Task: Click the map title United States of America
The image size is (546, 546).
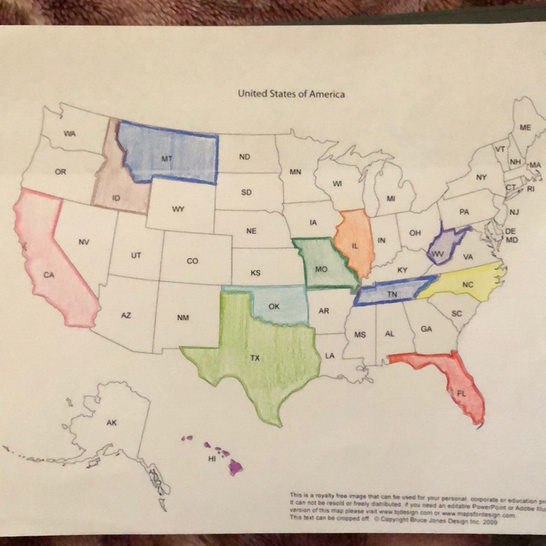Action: coord(291,94)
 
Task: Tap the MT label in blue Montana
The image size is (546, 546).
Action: coord(167,158)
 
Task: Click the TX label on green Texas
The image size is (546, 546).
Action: coord(255,359)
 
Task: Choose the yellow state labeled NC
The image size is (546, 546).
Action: coord(467,284)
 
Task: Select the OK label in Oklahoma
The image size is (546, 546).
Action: coord(274,306)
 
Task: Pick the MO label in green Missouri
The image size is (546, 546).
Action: coord(322,269)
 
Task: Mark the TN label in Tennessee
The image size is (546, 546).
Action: coord(391,294)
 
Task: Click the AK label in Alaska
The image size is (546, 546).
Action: coord(111,422)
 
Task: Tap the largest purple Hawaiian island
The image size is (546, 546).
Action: coord(235,467)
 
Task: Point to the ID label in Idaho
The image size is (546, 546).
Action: coord(116,198)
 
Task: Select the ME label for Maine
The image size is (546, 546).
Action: coord(525,127)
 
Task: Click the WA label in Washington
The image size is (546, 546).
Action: coord(69,134)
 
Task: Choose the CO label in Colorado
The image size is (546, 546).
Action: coord(192,261)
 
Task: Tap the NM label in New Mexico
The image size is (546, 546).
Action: coord(183,317)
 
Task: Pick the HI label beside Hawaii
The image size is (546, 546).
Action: coord(212,459)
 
